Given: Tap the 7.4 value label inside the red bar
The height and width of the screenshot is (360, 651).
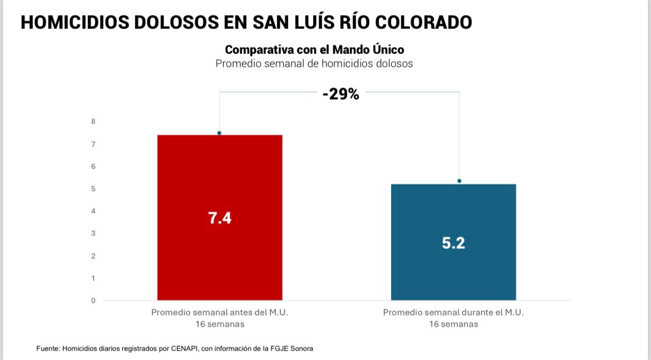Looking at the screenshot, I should [x=220, y=218].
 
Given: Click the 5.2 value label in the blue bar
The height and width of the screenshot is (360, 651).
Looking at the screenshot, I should [x=453, y=243].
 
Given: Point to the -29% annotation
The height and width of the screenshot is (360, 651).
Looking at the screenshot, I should [x=341, y=94].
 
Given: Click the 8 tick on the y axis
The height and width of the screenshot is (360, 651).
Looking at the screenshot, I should [x=93, y=122].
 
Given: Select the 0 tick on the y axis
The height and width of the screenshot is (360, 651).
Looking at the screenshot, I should [x=93, y=300].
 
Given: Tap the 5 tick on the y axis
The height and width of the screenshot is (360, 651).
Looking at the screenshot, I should [x=93, y=189].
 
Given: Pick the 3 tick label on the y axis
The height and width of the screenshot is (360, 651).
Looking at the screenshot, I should [x=93, y=234].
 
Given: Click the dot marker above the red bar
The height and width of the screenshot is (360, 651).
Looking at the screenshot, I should [x=219, y=133].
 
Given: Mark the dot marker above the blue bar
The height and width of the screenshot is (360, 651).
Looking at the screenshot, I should [x=459, y=181].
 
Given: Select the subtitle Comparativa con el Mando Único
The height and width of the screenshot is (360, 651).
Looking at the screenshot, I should [x=314, y=50].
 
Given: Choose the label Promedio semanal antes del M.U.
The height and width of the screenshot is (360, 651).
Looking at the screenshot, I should [x=220, y=313].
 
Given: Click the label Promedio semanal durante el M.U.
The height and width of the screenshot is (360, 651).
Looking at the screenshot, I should [x=453, y=313].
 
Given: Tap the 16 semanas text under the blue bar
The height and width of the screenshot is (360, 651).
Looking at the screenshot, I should [x=453, y=324].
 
